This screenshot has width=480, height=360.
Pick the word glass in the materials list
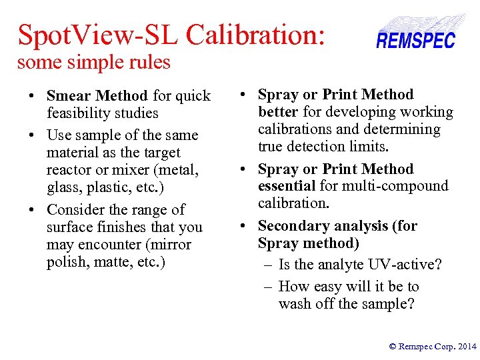click(x=64, y=187)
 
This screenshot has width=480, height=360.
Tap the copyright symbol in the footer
click(x=393, y=347)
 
